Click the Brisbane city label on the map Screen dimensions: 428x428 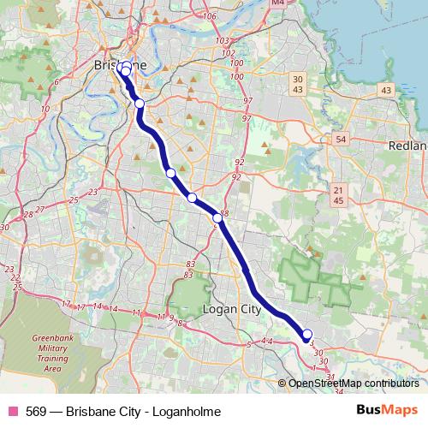click(119, 64)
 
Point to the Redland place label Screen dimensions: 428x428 click(407, 146)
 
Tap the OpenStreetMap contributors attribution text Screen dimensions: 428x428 click(354, 383)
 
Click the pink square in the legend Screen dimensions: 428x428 click(12, 412)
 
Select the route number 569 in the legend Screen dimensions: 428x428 click(36, 412)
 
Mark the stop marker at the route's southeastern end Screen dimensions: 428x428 click(307, 335)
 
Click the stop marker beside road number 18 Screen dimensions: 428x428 click(218, 218)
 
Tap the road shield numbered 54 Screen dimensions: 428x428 click(341, 139)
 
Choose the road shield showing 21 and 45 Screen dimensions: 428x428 click(339, 195)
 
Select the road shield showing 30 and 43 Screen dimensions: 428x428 click(298, 85)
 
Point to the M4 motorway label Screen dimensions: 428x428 click(275, 3)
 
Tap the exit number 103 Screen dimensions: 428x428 click(223, 40)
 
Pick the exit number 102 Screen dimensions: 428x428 click(228, 52)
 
